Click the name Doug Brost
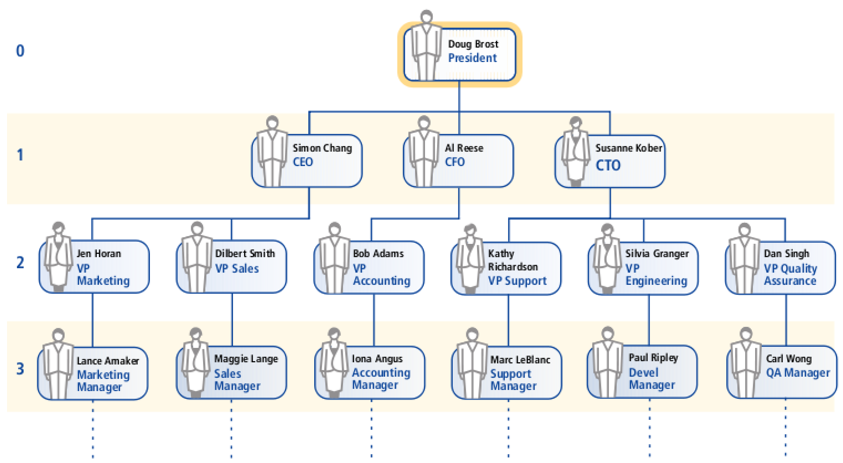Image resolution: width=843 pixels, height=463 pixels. pyautogui.click(x=473, y=44)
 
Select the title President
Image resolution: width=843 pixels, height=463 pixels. pyautogui.click(x=472, y=58)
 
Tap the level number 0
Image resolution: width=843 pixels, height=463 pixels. pyautogui.click(x=20, y=51)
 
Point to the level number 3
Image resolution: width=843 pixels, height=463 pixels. pyautogui.click(x=20, y=369)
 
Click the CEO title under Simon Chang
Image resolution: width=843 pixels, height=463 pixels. pyautogui.click(x=303, y=162)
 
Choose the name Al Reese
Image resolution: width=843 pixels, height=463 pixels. pyautogui.click(x=464, y=148)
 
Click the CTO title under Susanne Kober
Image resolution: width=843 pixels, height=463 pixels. pyautogui.click(x=608, y=165)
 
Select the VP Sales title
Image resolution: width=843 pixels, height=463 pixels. pyautogui.click(x=237, y=269)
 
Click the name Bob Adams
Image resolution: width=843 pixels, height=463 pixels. pyautogui.click(x=378, y=254)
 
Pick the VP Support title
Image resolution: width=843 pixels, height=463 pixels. pyautogui.click(x=517, y=281)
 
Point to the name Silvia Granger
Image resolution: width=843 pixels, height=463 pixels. pyautogui.click(x=657, y=254)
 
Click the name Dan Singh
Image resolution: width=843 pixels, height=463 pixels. pyautogui.click(x=786, y=254)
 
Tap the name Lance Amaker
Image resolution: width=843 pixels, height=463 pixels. pyautogui.click(x=107, y=361)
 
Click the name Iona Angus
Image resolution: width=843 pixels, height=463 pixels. pyautogui.click(x=377, y=359)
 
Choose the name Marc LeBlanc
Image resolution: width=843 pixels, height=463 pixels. pyautogui.click(x=520, y=360)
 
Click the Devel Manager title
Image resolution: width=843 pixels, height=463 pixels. pyautogui.click(x=652, y=379)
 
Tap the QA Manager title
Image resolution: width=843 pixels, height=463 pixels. pyautogui.click(x=798, y=373)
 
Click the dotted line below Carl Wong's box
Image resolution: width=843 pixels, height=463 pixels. pyautogui.click(x=785, y=428)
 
